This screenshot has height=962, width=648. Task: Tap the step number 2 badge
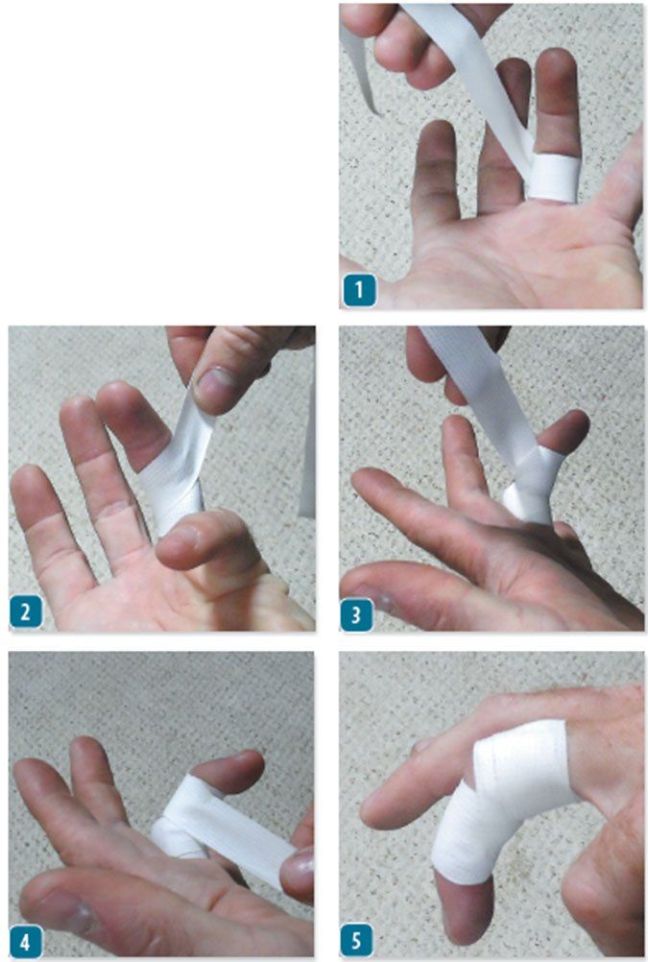coord(26,613)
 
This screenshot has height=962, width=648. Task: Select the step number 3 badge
coord(356,614)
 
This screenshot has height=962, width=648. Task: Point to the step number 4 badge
coord(26,941)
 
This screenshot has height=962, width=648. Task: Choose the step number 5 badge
coord(356,941)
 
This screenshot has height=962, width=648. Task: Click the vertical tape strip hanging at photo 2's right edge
coord(307,454)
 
